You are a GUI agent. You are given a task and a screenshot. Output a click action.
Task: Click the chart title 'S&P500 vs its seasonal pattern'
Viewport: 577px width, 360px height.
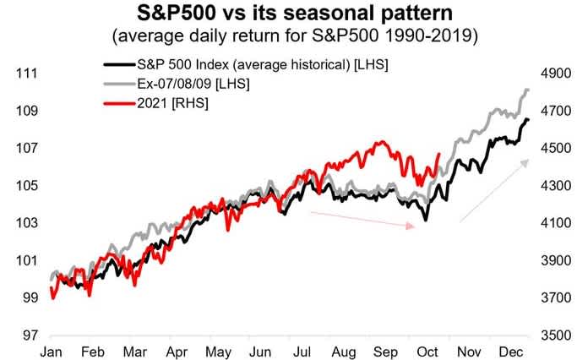(289, 15)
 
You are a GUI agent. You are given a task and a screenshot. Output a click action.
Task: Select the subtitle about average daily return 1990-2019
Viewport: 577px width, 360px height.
(289, 37)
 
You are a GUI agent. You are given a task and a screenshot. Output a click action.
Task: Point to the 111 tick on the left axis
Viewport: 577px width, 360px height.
(25, 74)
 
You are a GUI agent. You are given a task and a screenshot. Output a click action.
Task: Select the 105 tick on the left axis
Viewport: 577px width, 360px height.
(25, 186)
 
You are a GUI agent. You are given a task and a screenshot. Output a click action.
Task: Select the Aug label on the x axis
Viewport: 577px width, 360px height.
(346, 350)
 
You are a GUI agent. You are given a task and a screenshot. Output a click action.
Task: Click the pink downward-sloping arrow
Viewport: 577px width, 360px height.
(363, 220)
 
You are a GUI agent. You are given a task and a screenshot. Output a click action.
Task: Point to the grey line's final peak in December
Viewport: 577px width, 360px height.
(527, 89)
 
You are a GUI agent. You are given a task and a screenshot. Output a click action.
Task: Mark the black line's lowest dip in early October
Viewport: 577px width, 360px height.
(426, 221)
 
